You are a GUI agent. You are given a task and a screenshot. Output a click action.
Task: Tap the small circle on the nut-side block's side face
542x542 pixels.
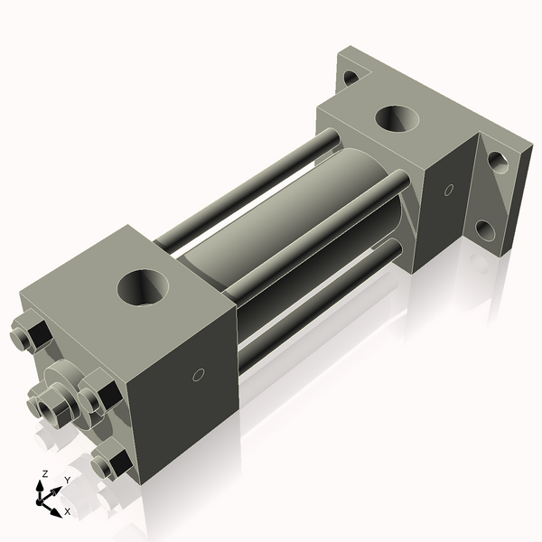[200, 374]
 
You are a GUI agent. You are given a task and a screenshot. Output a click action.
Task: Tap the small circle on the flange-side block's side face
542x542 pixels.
[449, 190]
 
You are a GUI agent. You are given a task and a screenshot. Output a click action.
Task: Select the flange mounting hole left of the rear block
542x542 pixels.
[350, 77]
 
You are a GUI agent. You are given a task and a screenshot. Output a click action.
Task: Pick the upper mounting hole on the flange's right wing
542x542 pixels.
[496, 162]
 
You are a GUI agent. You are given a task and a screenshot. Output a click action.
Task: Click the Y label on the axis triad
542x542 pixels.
[67, 479]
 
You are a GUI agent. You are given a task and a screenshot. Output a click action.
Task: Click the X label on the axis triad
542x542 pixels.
[67, 511]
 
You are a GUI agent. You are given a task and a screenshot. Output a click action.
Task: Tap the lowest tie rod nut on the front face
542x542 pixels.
[108, 464]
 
